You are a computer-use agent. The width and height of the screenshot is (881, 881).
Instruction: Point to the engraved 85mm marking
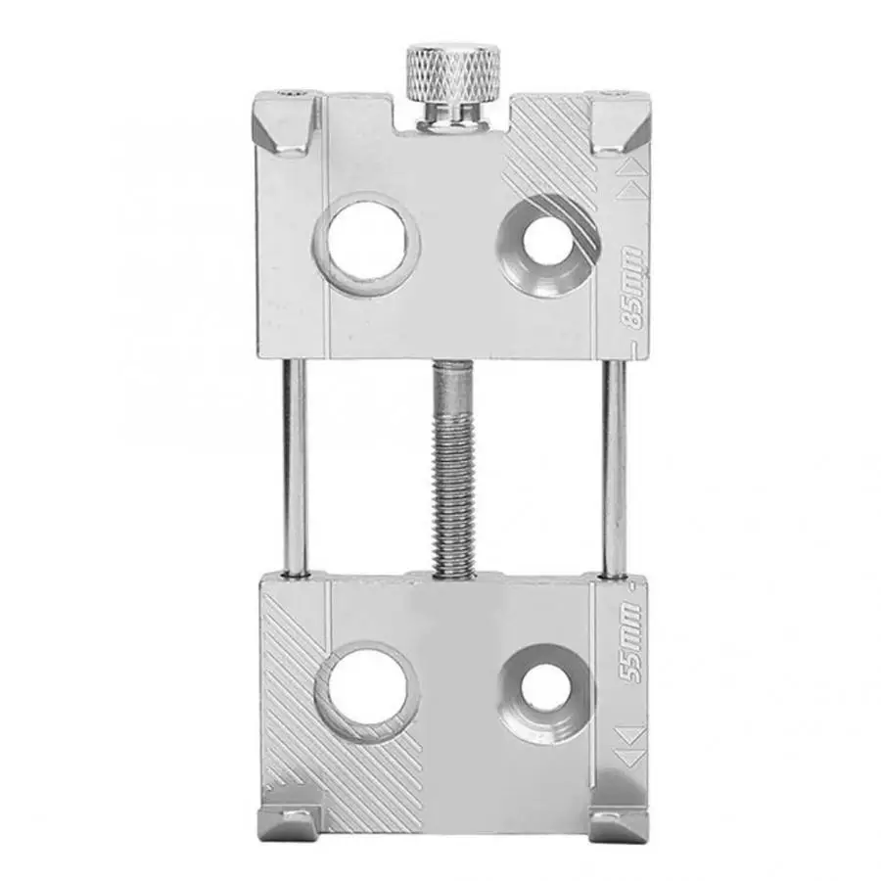click(633, 288)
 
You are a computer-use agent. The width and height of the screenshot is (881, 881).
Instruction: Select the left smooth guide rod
click(296, 468)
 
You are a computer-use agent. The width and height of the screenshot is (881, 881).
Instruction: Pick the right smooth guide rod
click(614, 468)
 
